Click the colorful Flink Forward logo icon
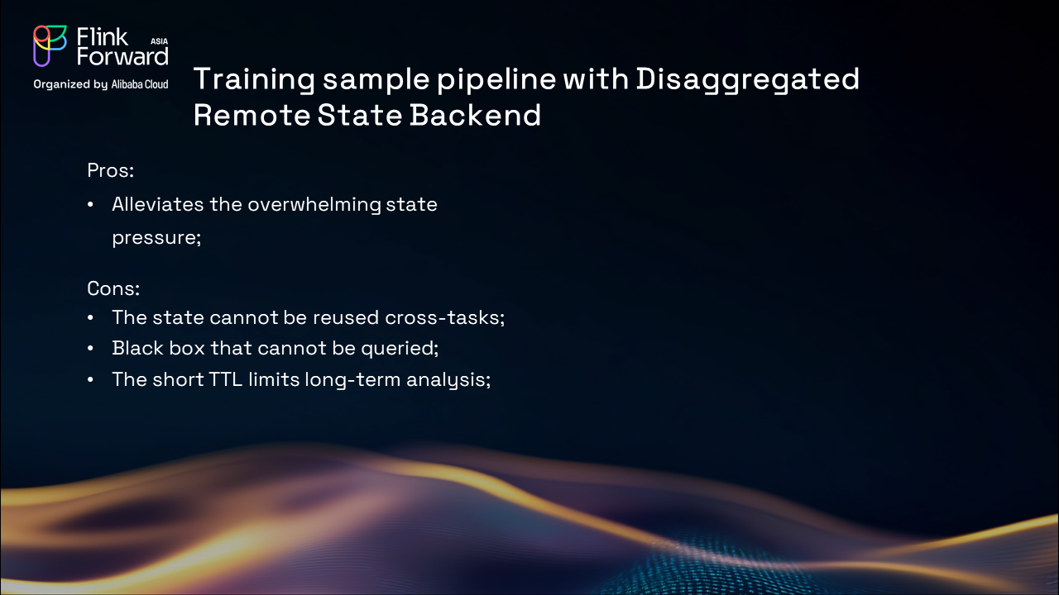tap(50, 45)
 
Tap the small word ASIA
tap(160, 41)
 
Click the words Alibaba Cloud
tap(140, 84)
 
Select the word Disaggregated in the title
tap(747, 80)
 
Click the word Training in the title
tap(254, 80)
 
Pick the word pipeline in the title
tap(496, 80)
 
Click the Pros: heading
tap(111, 170)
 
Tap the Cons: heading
tap(113, 288)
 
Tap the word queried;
tap(400, 349)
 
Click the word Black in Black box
tap(137, 348)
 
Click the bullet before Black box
tap(90, 349)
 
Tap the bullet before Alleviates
tap(90, 205)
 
